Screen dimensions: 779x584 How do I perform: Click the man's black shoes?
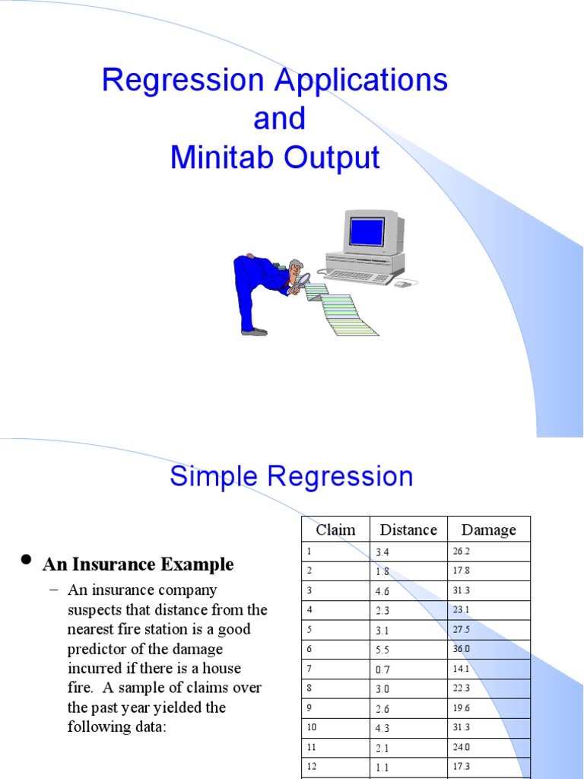point(255,331)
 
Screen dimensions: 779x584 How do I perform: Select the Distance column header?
point(408,529)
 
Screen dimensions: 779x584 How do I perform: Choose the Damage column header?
point(488,529)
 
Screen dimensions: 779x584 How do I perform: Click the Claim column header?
point(335,529)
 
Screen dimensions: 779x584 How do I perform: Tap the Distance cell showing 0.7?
point(382,669)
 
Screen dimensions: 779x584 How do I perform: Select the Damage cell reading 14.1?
point(461,669)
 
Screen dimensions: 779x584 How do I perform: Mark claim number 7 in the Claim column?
point(309,669)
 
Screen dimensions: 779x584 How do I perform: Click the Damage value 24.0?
point(461,748)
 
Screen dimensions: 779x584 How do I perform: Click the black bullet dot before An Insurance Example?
point(26,561)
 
